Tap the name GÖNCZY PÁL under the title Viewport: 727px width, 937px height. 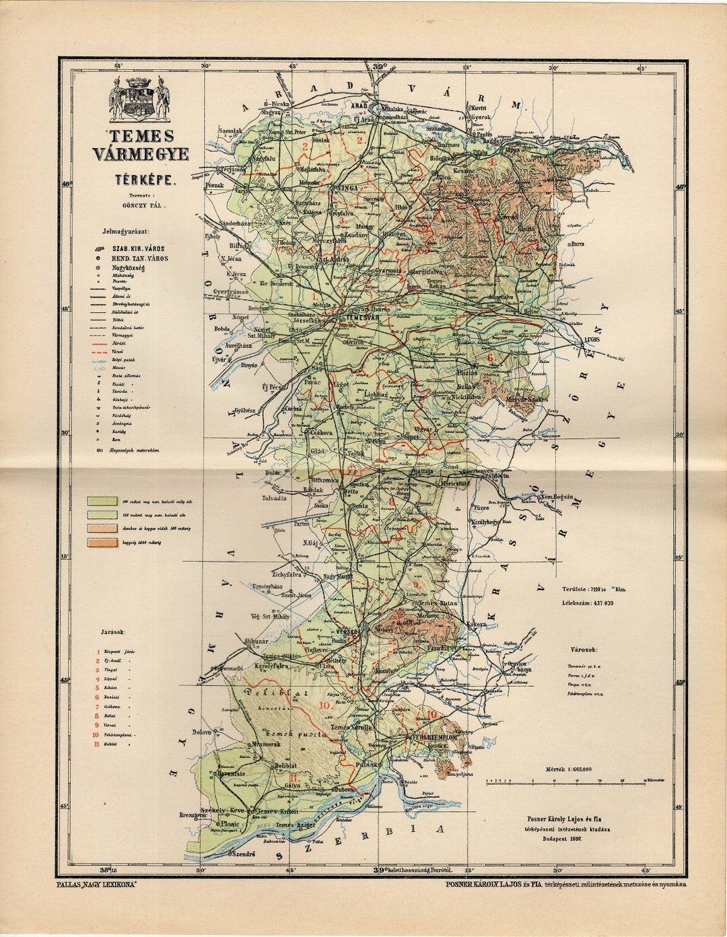pos(143,208)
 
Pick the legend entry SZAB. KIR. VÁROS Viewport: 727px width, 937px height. pos(138,248)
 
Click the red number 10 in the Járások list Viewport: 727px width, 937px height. pos(97,735)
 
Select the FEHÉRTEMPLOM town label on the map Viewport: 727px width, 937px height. pos(436,738)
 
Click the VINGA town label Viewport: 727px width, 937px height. pos(347,188)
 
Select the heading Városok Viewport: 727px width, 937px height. pos(582,650)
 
